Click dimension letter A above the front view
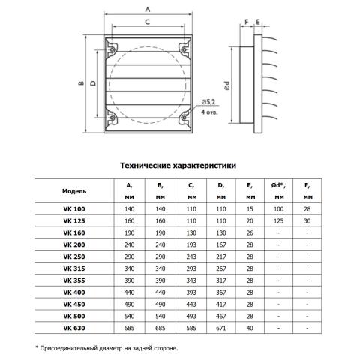pyautogui.click(x=148, y=10)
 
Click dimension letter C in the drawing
pyautogui.click(x=148, y=22)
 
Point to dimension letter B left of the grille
pyautogui.click(x=81, y=83)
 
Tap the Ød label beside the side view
pyautogui.click(x=227, y=85)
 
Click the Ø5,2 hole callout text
pyautogui.click(x=208, y=102)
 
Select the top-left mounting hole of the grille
pyautogui.click(x=112, y=49)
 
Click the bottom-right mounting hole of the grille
pyautogui.click(x=184, y=118)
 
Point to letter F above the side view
pyautogui.click(x=247, y=22)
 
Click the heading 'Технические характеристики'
pyautogui.click(x=178, y=166)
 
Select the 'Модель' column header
pyautogui.click(x=74, y=191)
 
